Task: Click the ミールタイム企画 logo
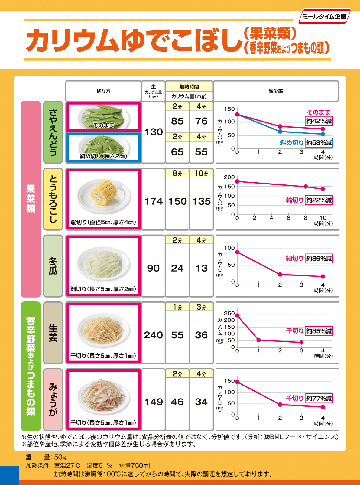[324, 17]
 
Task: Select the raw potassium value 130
[154, 132]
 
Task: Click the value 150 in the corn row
[177, 201]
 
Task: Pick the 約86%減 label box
[319, 259]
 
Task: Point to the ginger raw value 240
[153, 335]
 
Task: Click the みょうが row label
[53, 399]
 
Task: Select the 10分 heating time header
[201, 173]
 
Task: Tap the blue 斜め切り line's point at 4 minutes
[323, 134]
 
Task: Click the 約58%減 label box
[319, 143]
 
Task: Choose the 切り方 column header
[103, 91]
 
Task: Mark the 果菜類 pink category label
[31, 199]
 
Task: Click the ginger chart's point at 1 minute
[258, 340]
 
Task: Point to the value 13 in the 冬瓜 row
[201, 268]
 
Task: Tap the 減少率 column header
[276, 91]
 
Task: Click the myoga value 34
[201, 402]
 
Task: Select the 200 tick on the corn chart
[229, 177]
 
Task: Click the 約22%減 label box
[319, 200]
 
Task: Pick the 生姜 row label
[53, 333]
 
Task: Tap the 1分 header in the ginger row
[177, 307]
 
